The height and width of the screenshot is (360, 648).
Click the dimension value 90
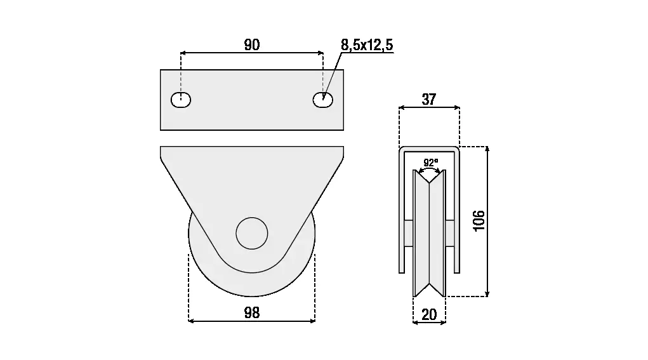pos(252,44)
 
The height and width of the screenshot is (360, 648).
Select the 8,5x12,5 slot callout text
pos(367,44)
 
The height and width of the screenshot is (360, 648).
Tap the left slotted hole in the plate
pos(181,100)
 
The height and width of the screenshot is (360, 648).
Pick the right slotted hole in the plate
pos(323,100)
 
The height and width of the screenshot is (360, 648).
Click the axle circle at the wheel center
pos(252,234)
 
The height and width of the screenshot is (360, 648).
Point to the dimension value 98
pos(252,313)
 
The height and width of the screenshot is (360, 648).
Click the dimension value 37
pos(429,99)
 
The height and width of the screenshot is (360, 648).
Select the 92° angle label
pos(431,163)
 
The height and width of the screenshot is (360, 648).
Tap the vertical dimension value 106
pos(479,221)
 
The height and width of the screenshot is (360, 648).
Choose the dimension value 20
pos(430,315)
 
